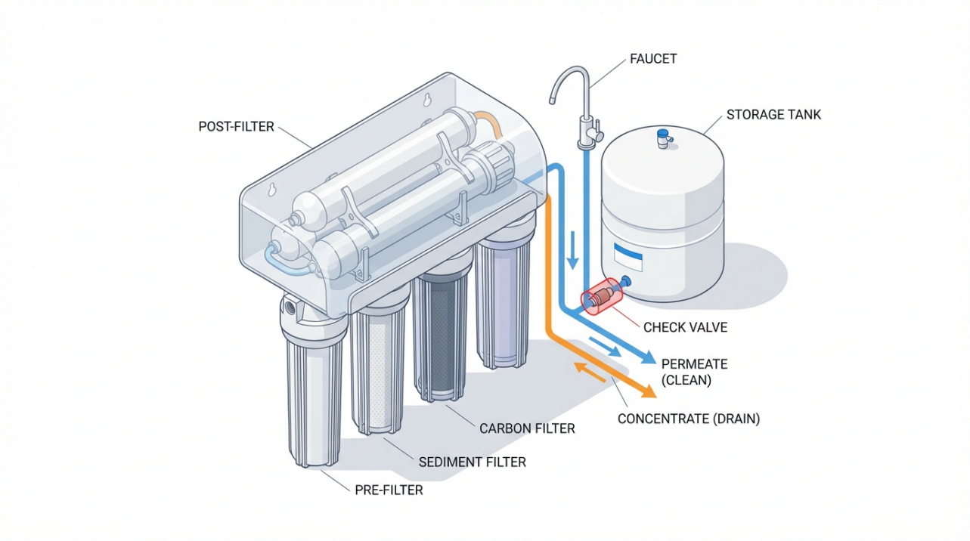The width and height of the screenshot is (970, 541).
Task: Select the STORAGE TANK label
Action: pos(773,115)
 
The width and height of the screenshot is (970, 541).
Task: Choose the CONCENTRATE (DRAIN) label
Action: pos(689,419)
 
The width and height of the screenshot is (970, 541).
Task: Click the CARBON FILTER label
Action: pos(527,428)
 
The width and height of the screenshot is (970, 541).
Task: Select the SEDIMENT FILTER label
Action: pos(472,461)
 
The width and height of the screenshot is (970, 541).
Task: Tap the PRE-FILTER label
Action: pos(389,490)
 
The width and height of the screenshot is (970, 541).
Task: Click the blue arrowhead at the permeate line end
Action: pos(649,360)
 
